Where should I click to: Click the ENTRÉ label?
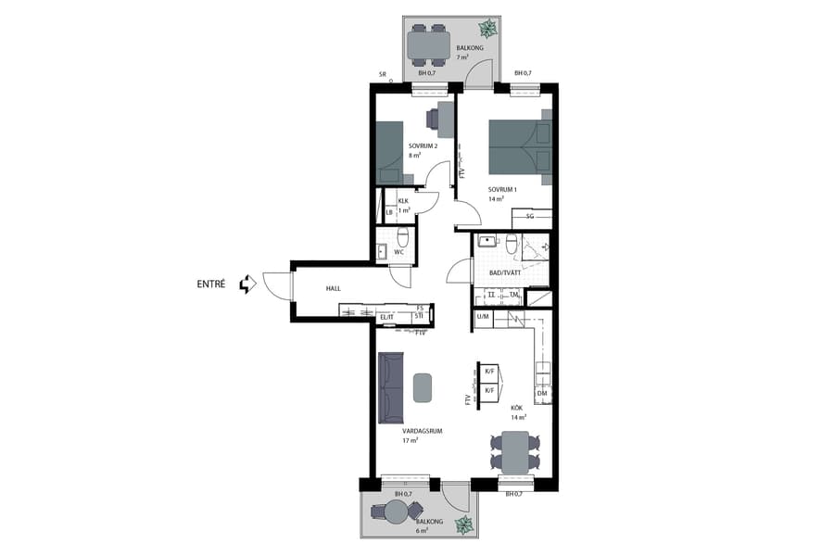(x=210, y=284)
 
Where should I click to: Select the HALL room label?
(x=333, y=288)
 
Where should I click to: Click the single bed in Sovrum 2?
(x=390, y=153)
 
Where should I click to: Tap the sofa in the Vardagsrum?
(x=391, y=386)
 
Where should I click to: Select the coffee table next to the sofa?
(x=423, y=386)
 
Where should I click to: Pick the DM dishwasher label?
(x=542, y=394)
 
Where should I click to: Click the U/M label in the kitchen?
(x=482, y=317)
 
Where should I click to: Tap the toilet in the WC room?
(x=403, y=236)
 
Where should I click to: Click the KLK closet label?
(x=403, y=201)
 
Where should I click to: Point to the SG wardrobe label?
(x=530, y=216)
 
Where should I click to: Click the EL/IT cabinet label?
(x=387, y=318)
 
